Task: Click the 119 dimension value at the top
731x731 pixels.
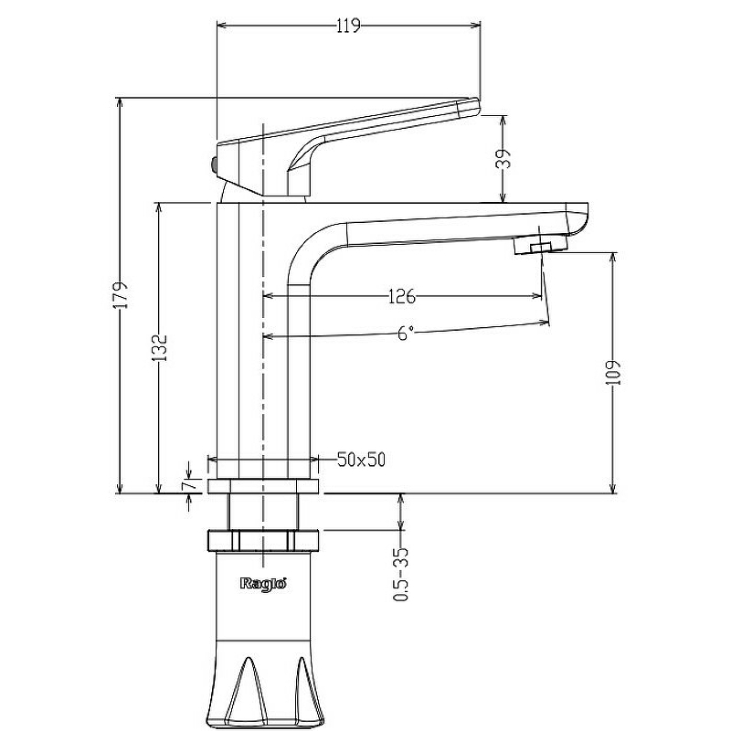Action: pos(348,26)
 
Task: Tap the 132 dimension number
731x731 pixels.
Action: pos(161,348)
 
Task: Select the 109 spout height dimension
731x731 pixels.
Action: pos(613,372)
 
